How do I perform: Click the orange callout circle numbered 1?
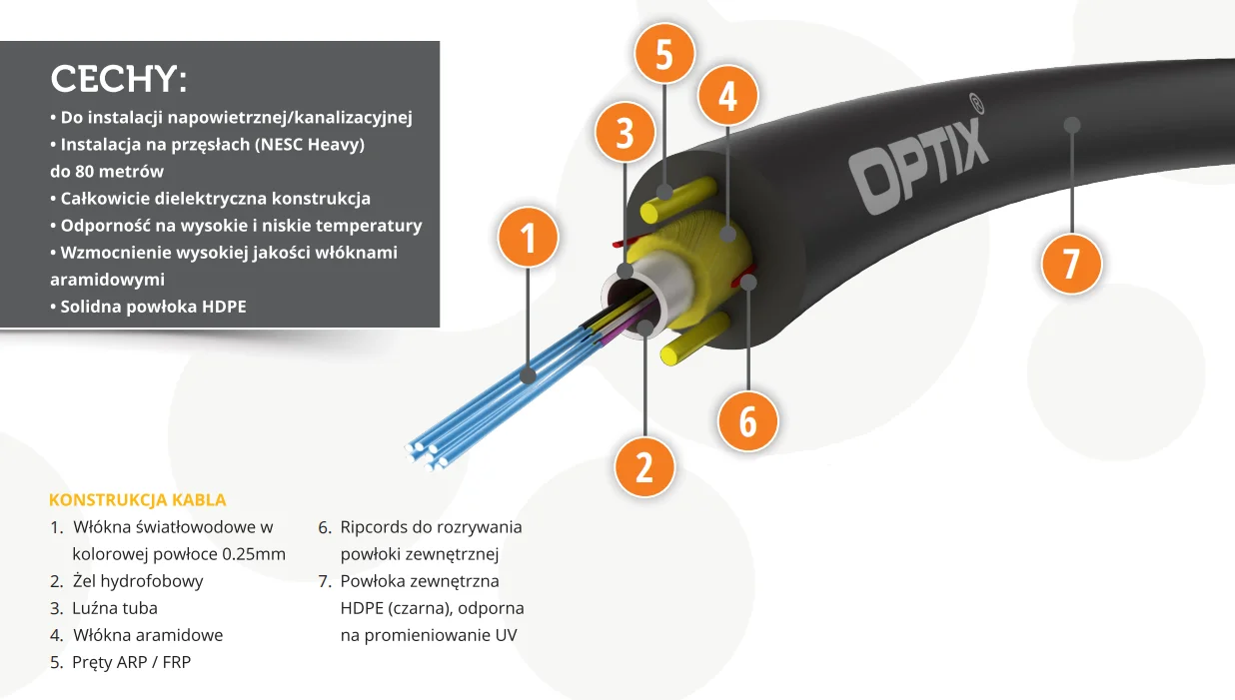tap(528, 238)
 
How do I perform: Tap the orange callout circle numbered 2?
tap(643, 466)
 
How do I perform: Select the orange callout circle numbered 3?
tap(624, 133)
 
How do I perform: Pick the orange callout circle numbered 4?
tap(727, 96)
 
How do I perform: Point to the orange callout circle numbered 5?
tap(664, 55)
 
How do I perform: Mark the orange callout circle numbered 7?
tap(1071, 265)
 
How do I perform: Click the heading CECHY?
tap(119, 79)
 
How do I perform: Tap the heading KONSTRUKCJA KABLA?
tap(137, 500)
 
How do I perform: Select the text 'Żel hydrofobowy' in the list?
tap(138, 581)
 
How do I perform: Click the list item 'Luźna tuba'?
tap(115, 608)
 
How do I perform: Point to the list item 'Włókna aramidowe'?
tap(148, 635)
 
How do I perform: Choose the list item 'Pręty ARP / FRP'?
tap(131, 662)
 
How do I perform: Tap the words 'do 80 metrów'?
tap(107, 171)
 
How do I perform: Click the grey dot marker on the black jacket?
tap(1072, 125)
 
